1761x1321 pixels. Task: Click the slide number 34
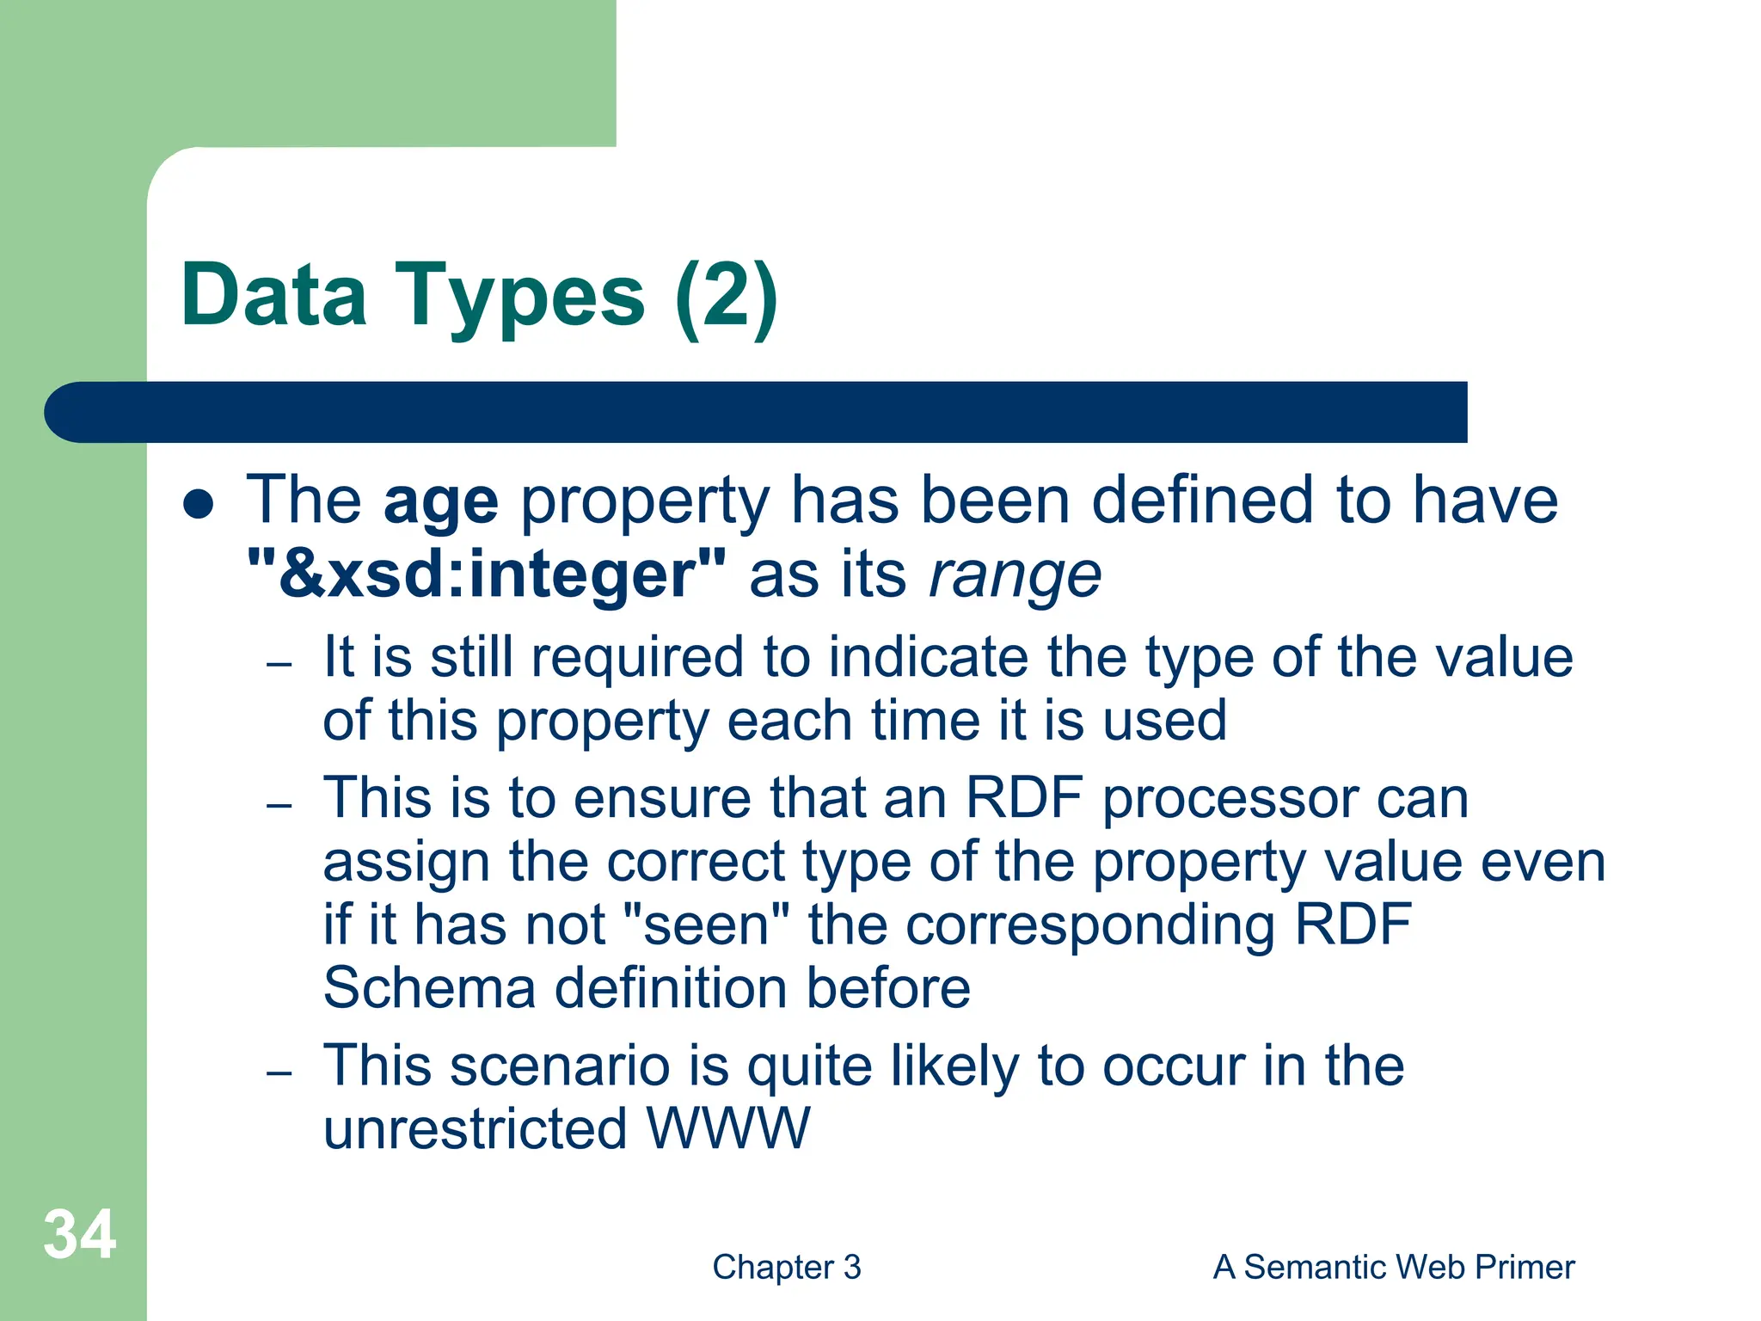(x=79, y=1235)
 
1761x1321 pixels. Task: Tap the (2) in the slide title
(x=727, y=297)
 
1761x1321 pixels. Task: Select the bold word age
(x=440, y=501)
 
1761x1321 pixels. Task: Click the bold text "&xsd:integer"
(x=487, y=574)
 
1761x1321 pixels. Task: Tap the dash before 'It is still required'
(x=279, y=665)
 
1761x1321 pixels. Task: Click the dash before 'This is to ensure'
(x=279, y=806)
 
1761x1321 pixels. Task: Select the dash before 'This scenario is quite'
(x=279, y=1072)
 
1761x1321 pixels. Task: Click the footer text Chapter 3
(x=786, y=1268)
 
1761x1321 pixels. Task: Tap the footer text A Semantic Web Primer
(x=1393, y=1268)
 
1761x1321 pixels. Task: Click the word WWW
(x=727, y=1128)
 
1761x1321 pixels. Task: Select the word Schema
(x=429, y=987)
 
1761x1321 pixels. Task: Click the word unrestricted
(x=475, y=1128)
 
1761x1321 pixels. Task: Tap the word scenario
(x=560, y=1066)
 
